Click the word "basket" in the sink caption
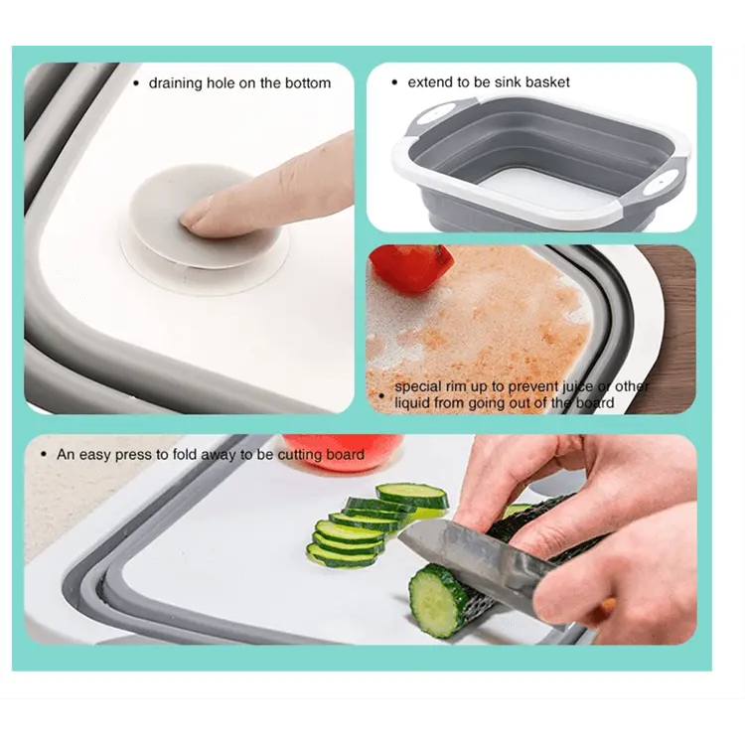[x=547, y=82]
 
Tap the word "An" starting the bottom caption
[x=66, y=455]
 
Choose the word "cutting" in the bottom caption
[x=300, y=455]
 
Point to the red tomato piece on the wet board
[x=411, y=268]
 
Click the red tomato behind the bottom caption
[x=342, y=451]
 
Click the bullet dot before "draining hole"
[x=136, y=83]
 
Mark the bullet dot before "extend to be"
[x=394, y=82]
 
